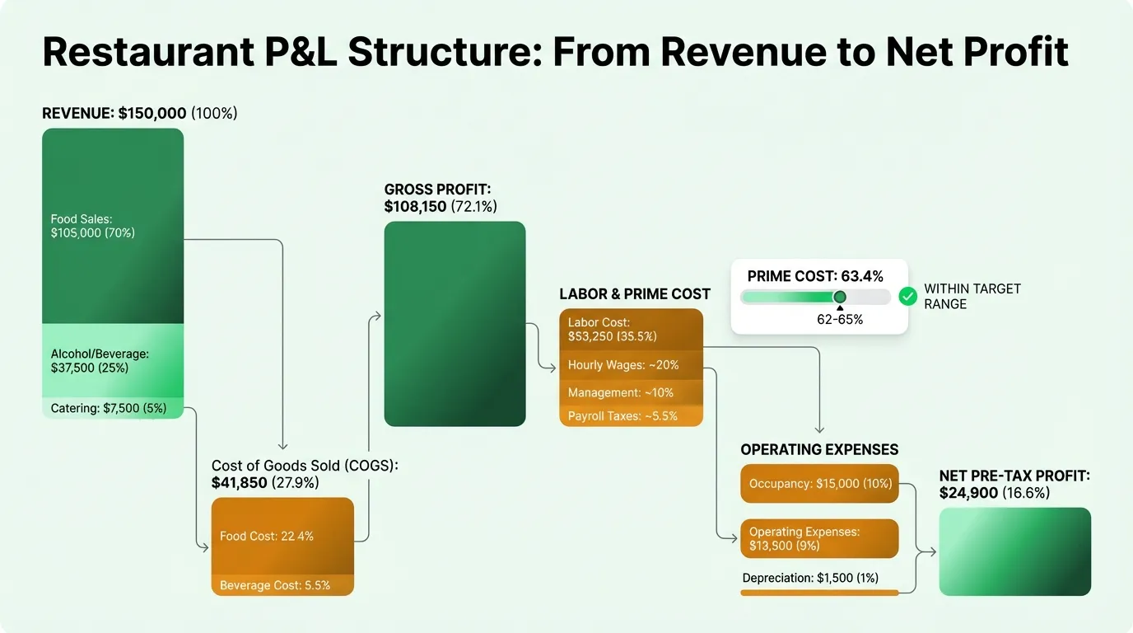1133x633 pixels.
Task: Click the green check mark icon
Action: pos(907,297)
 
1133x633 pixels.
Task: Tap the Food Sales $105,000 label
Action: pos(93,226)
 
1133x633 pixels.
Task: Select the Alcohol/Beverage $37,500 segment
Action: pos(113,360)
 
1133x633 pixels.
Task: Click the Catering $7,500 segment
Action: pos(113,408)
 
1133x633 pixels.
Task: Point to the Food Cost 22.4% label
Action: pos(267,536)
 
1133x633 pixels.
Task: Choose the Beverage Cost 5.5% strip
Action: pos(275,585)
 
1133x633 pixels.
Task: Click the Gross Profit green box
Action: pos(455,323)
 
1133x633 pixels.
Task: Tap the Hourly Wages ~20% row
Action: pos(631,365)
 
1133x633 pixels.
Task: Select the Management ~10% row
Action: pos(631,392)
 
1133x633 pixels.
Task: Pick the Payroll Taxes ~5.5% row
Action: pos(631,416)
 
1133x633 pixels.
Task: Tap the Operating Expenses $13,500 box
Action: pos(819,538)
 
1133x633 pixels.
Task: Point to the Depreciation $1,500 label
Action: pos(813,578)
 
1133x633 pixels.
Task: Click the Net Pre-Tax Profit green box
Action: pos(1014,551)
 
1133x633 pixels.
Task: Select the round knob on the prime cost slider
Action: pos(840,297)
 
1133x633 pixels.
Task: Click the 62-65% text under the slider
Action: pos(840,320)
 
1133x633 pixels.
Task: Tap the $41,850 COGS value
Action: pos(239,483)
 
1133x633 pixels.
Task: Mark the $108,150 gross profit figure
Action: pos(416,207)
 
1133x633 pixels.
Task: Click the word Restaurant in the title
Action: pos(148,51)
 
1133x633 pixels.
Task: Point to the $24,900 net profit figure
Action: pos(968,493)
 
